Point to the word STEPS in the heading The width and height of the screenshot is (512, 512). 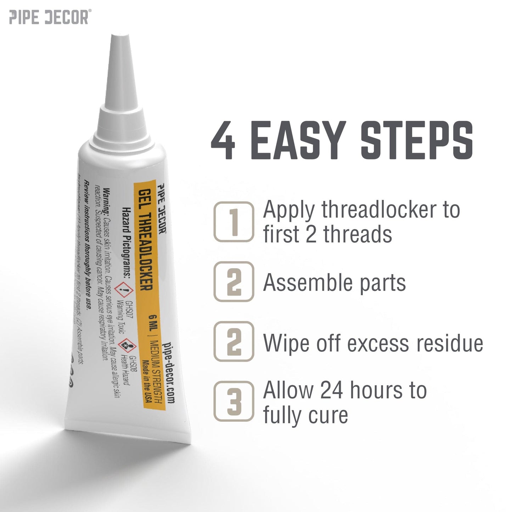tap(417, 141)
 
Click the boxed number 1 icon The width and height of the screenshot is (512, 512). tap(234, 222)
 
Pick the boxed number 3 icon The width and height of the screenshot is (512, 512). tap(234, 401)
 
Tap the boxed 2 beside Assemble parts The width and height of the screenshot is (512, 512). tap(234, 282)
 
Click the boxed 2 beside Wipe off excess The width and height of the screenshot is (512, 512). tap(234, 342)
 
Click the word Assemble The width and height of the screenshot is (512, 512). tap(308, 283)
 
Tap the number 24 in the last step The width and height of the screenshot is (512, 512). tap(332, 390)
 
